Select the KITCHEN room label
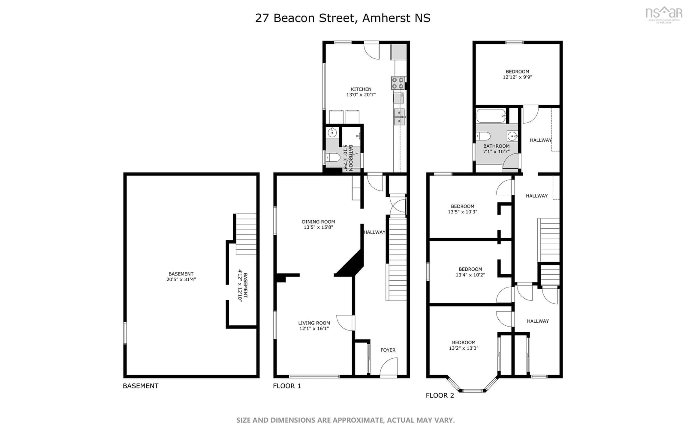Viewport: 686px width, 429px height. (361, 89)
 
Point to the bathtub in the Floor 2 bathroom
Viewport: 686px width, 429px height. (491, 116)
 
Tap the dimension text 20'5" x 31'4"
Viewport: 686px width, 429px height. (181, 279)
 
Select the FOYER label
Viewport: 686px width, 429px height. (387, 350)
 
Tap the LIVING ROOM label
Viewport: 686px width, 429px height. (314, 323)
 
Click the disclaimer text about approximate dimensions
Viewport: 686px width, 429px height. (345, 420)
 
